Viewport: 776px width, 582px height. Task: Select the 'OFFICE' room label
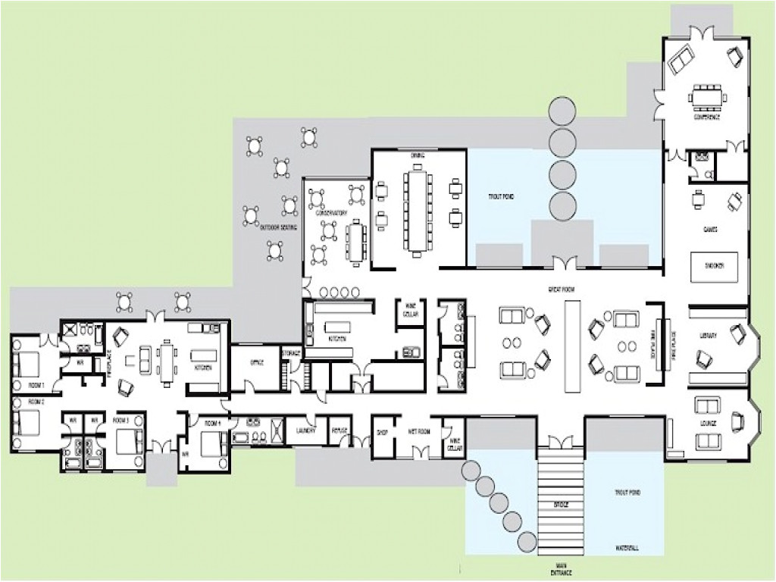click(255, 363)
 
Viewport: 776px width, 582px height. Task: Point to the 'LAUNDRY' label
click(305, 429)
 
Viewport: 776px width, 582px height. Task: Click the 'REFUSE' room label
click(339, 430)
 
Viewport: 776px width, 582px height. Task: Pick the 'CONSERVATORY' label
click(327, 214)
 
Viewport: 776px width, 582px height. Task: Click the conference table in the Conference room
click(706, 97)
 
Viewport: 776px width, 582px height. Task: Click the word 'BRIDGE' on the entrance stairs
click(561, 503)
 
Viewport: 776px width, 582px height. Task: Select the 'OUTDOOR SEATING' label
click(279, 227)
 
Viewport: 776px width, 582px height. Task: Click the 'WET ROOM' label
click(418, 430)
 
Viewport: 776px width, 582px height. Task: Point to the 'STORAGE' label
click(291, 352)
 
